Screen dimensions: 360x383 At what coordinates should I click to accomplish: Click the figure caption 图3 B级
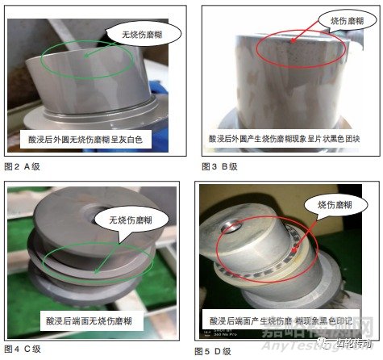[219, 166]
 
